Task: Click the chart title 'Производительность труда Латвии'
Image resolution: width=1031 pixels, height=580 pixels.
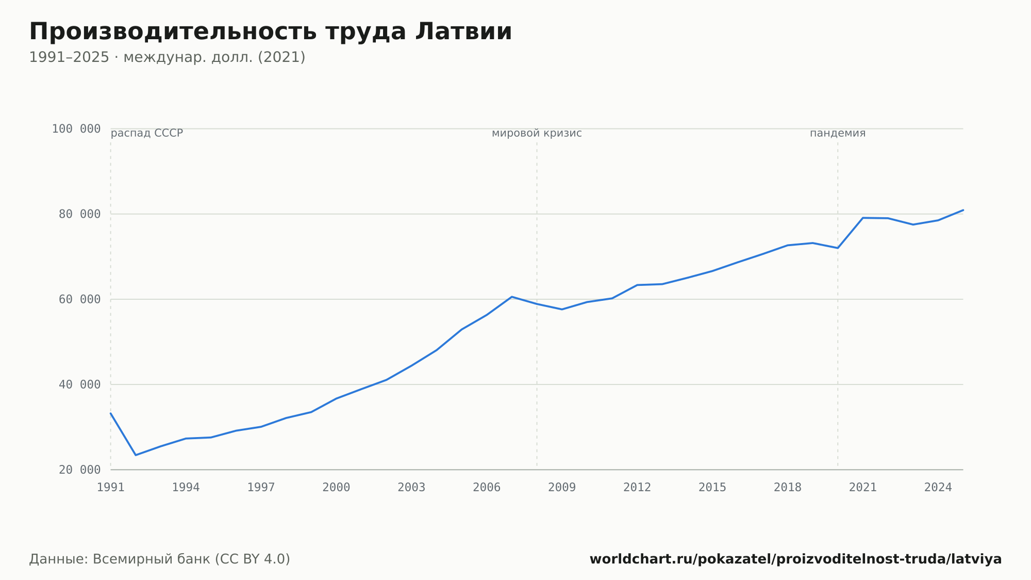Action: click(x=271, y=32)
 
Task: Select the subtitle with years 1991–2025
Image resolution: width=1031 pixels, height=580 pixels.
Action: click(x=167, y=57)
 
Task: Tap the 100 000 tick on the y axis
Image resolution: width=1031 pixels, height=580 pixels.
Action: click(x=76, y=129)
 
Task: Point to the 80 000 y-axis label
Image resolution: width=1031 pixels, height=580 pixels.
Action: click(x=80, y=214)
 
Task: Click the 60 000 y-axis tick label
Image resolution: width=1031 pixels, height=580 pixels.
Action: click(x=80, y=299)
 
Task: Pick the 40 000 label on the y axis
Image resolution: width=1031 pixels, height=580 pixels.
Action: click(x=80, y=384)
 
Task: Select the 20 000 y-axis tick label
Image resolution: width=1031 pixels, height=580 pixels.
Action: click(x=80, y=470)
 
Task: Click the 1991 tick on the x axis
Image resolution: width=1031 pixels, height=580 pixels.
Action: click(x=111, y=488)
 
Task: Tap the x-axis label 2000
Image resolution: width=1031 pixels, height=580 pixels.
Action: click(x=336, y=488)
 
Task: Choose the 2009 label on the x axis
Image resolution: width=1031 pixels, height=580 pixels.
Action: click(x=562, y=488)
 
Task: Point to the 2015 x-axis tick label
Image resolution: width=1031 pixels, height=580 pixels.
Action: click(x=712, y=488)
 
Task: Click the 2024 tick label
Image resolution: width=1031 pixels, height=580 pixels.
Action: click(x=938, y=488)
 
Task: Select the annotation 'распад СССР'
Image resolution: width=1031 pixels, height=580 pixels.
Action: click(x=147, y=133)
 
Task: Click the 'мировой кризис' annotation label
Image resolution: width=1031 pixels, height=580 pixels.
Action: click(x=537, y=133)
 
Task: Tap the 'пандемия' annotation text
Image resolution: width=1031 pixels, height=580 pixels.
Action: click(x=838, y=133)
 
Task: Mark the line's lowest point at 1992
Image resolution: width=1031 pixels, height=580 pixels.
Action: click(x=136, y=455)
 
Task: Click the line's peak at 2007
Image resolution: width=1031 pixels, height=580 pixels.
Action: click(x=512, y=297)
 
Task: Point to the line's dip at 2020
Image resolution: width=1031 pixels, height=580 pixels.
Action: click(x=838, y=248)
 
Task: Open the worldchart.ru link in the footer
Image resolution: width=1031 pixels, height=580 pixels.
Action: click(x=795, y=559)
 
